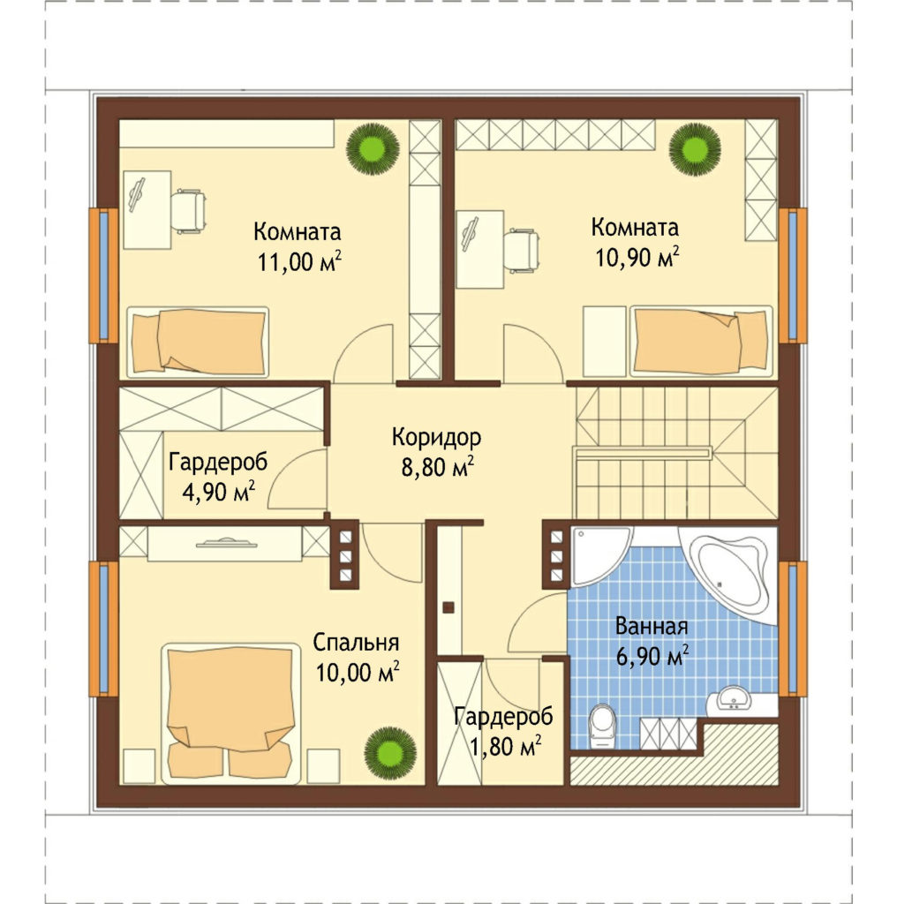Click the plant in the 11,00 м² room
coord(373,148)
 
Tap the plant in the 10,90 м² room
coord(695,148)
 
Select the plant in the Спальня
coord(390,753)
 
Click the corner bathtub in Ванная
coord(727,572)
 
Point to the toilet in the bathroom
coord(602,726)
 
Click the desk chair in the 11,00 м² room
coord(189,210)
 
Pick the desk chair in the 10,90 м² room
coord(522,250)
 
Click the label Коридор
coord(436,438)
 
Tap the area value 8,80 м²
coord(438,467)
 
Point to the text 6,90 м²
coord(652,656)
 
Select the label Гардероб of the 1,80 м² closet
coord(503,717)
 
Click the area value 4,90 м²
coord(218,493)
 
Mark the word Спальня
coord(357,643)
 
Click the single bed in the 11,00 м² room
coord(198,342)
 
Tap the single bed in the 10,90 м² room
coord(702,342)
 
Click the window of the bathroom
coord(793,629)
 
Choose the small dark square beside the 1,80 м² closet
coord(448,607)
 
